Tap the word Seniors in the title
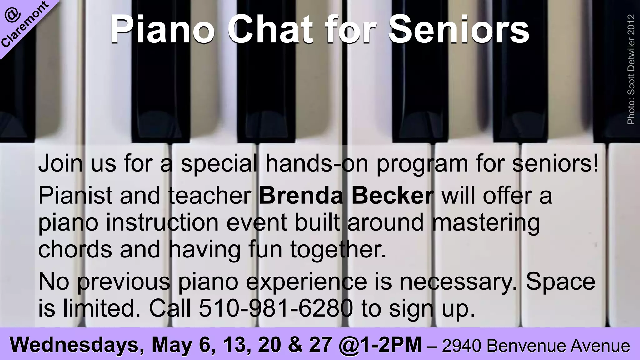(x=459, y=30)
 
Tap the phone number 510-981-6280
(x=276, y=308)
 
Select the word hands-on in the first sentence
(x=317, y=164)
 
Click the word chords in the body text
(x=75, y=250)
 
